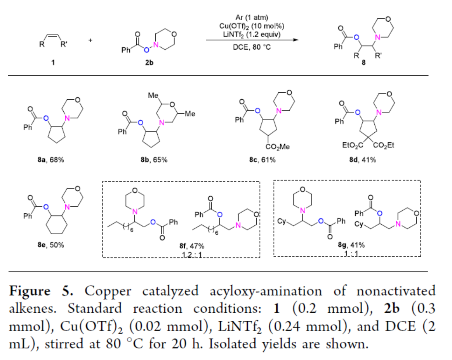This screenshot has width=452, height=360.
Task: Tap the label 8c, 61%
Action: coord(263,160)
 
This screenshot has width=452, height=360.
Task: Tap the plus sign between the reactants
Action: coord(91,39)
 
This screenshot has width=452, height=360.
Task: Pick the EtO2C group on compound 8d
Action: coord(350,146)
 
